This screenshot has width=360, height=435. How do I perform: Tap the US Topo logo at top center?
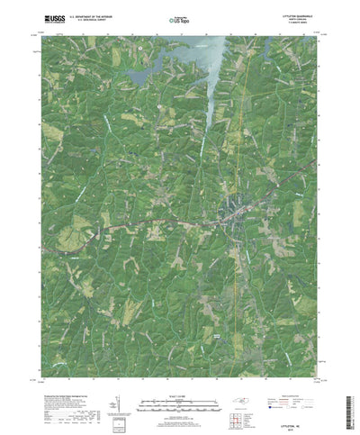(178, 17)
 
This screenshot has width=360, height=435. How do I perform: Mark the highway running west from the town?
(135, 225)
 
